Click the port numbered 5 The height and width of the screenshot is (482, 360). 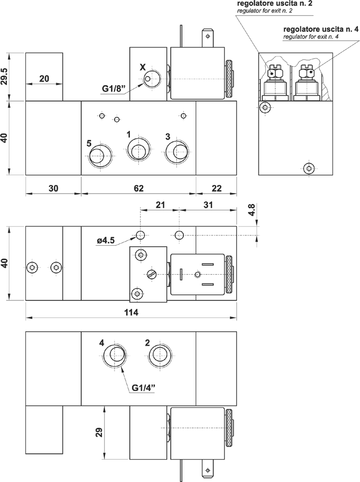coord(100,156)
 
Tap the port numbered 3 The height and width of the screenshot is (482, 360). coord(177,151)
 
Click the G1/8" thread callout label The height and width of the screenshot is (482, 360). coord(114,90)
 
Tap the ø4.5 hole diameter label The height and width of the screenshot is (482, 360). coord(106,240)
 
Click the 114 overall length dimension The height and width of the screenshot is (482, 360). coord(131,312)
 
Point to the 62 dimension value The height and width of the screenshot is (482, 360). coord(138,188)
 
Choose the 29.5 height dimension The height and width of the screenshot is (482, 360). coord(4,77)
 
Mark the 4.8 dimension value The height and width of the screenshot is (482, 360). coord(251,209)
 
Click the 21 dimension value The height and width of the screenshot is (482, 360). coord(160,204)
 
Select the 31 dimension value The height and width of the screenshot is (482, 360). coord(208,204)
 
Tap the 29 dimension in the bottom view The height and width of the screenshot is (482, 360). coord(99,432)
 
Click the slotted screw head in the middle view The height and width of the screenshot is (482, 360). coord(151,274)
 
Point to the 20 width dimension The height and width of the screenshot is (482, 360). coord(44,79)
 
